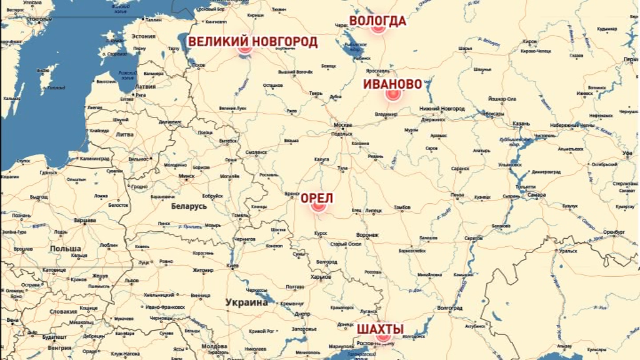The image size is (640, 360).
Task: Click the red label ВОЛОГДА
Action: tap(377, 21)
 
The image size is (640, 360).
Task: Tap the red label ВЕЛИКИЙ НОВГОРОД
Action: tap(252, 42)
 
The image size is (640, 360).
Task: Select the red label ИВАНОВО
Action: tap(392, 84)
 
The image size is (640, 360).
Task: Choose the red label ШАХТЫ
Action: tap(380, 329)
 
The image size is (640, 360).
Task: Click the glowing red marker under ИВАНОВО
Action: tap(392, 95)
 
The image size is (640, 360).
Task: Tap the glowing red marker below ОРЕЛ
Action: tap(319, 206)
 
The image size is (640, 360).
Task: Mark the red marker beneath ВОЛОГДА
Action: tap(377, 29)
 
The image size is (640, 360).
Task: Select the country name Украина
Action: tap(247, 302)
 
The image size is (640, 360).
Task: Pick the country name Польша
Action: tap(66, 248)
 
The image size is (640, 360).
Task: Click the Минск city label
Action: tap(186, 176)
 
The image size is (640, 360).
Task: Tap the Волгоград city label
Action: tap(449, 308)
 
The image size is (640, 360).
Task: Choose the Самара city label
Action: tap(536, 194)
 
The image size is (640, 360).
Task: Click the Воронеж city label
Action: tap(367, 235)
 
